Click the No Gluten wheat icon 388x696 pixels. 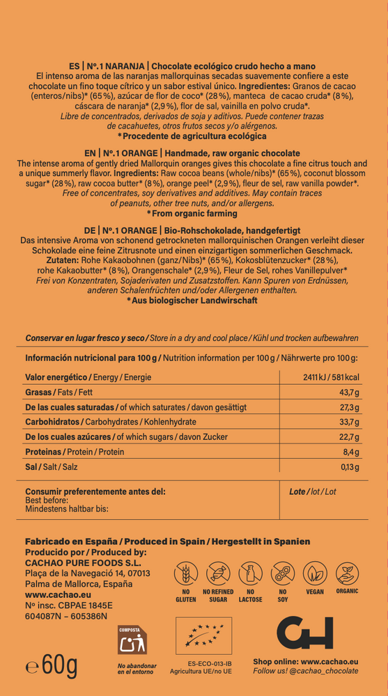185,574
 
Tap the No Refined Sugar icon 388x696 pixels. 218,574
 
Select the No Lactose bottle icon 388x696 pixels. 250,574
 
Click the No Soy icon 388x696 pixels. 283,574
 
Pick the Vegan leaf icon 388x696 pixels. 315,574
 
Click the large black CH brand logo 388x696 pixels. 304,632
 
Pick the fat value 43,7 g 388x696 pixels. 348,393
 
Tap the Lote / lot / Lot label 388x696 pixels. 312,491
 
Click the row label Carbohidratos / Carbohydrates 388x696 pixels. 111,422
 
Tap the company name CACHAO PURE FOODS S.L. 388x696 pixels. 77,562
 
